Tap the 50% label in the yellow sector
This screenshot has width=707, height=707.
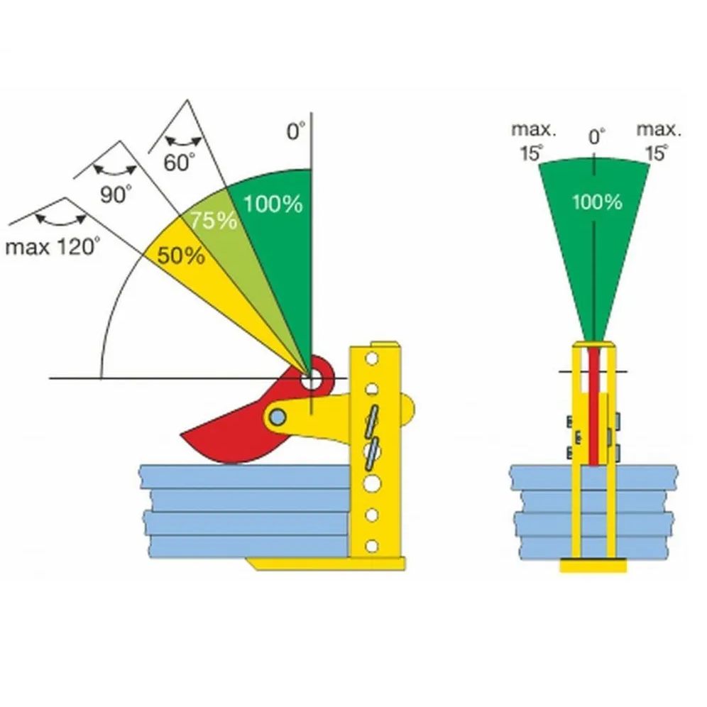coord(181,256)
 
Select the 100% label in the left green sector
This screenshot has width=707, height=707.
coord(273,204)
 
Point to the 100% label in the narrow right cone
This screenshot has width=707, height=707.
coord(597,202)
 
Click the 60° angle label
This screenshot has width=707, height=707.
coord(179,163)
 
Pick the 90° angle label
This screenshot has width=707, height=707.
coord(116,194)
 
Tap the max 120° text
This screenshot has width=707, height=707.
coord(53,247)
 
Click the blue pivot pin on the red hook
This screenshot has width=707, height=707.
coord(279,415)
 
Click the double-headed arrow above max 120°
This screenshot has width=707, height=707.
coord(61,218)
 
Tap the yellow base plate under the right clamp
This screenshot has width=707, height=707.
coord(593,566)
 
